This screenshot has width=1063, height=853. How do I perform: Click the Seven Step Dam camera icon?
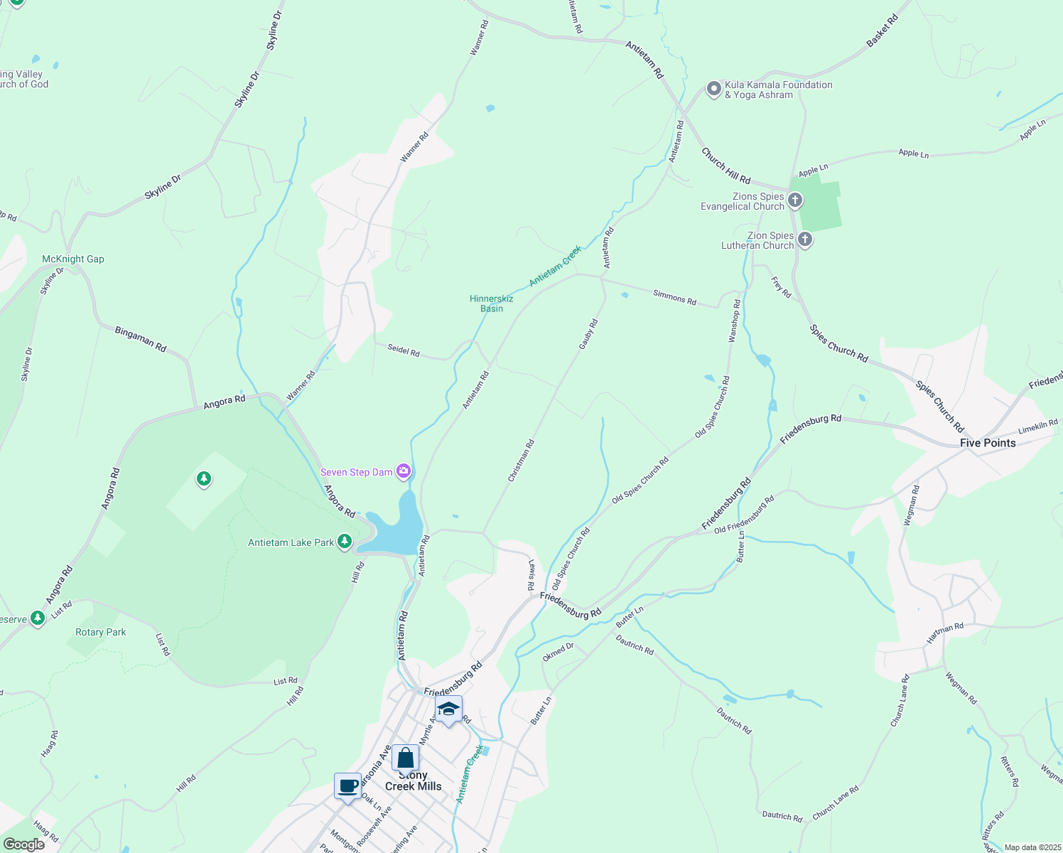tap(404, 471)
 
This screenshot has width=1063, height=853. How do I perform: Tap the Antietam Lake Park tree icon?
tap(345, 542)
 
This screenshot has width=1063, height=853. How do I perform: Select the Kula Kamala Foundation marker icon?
tap(713, 89)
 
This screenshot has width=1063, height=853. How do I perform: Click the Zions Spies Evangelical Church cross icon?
tap(795, 201)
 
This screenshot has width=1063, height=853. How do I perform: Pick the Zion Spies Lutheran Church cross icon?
tap(804, 240)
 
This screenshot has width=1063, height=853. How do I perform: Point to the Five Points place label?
tap(988, 443)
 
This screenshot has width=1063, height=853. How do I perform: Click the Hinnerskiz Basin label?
tap(491, 304)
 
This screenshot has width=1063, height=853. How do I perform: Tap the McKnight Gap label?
tap(73, 259)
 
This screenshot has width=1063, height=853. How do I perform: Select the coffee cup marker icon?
tap(348, 787)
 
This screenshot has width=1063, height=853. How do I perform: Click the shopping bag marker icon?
tap(405, 758)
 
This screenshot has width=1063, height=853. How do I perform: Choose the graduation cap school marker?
tap(448, 709)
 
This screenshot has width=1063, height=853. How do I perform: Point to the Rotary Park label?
tap(101, 632)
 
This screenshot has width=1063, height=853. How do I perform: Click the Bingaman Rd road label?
tap(141, 339)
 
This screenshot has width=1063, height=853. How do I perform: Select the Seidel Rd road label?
tap(403, 350)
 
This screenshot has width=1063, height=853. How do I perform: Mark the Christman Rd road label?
tap(521, 461)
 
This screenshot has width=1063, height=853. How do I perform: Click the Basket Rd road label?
tap(883, 32)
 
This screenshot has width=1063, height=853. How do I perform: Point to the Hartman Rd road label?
tap(945, 633)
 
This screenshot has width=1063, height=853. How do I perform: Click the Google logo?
tap(24, 844)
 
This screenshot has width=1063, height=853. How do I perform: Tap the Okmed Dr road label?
tap(558, 652)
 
